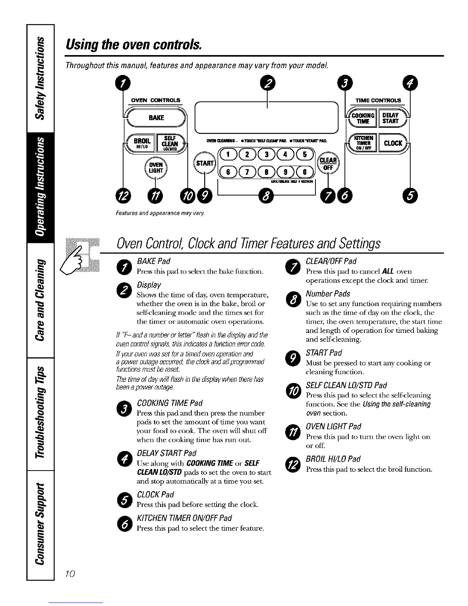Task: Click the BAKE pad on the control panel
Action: (x=156, y=117)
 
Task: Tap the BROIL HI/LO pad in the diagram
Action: (x=144, y=142)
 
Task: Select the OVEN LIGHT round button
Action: (x=156, y=167)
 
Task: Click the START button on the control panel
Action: (x=205, y=163)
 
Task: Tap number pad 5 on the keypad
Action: (x=304, y=155)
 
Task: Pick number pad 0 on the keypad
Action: (x=304, y=171)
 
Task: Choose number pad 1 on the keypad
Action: (x=228, y=155)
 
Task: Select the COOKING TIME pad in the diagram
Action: (x=362, y=118)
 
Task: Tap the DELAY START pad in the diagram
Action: (x=390, y=118)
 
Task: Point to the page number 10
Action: (x=70, y=573)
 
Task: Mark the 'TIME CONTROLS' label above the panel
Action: (x=378, y=100)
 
